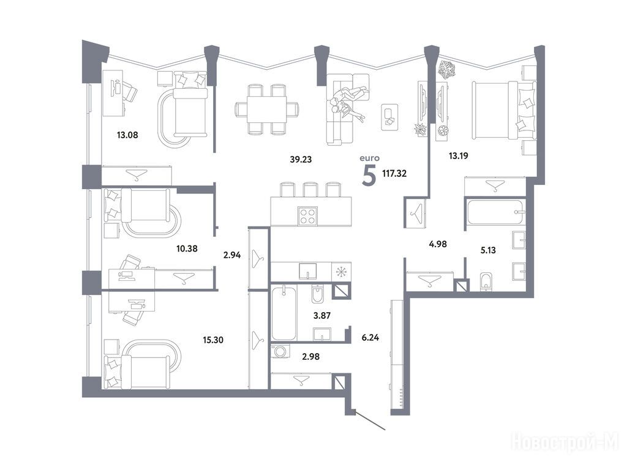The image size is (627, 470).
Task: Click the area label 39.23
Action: pos(301,160)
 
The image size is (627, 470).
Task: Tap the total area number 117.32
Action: pos(394,173)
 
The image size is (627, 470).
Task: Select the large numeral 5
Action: pos(369,176)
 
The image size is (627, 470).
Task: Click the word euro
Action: pos(369,159)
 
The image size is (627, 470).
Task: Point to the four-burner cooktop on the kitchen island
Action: pos(307,216)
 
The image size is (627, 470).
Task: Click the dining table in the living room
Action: pos(267,109)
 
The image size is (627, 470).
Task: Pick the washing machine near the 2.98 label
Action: pos(280,351)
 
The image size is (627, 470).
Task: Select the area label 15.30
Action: pos(213,340)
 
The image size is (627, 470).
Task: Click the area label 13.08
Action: pos(127,135)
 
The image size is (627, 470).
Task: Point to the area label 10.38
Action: pos(187,248)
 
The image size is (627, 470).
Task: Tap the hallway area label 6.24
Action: pos(370,338)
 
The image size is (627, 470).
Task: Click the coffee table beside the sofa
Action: pos(389,117)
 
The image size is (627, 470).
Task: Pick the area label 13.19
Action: pos(458,156)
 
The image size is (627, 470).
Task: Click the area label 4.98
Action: pos(438,244)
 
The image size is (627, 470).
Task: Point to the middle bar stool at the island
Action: pos(310,190)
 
